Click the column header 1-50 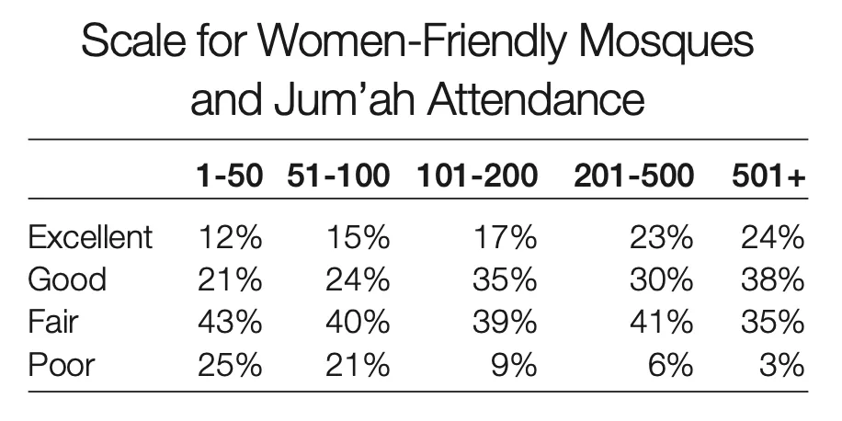[x=229, y=176]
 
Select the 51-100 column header [x=338, y=176]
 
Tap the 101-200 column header [x=476, y=176]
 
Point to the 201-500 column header [x=633, y=176]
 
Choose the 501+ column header [x=768, y=176]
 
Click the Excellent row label [x=90, y=238]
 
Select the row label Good [x=67, y=279]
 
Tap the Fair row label [x=53, y=322]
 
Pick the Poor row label [x=61, y=364]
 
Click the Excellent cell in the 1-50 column [x=230, y=238]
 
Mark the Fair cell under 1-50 [x=230, y=322]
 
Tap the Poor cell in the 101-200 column [x=516, y=364]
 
